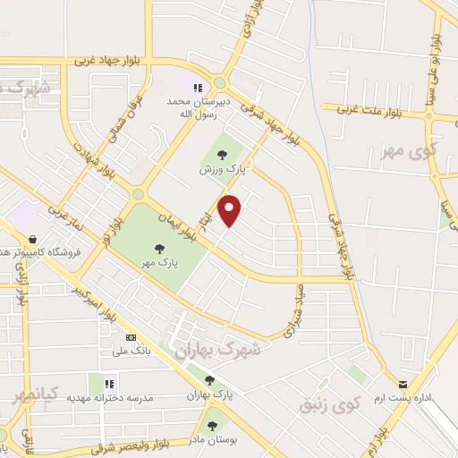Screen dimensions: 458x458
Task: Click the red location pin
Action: pos(231,210)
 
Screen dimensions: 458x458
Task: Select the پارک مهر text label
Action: pos(158,263)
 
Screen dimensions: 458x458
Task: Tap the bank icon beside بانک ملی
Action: pos(131,337)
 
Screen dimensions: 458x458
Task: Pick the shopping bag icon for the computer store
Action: pos(33,240)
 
